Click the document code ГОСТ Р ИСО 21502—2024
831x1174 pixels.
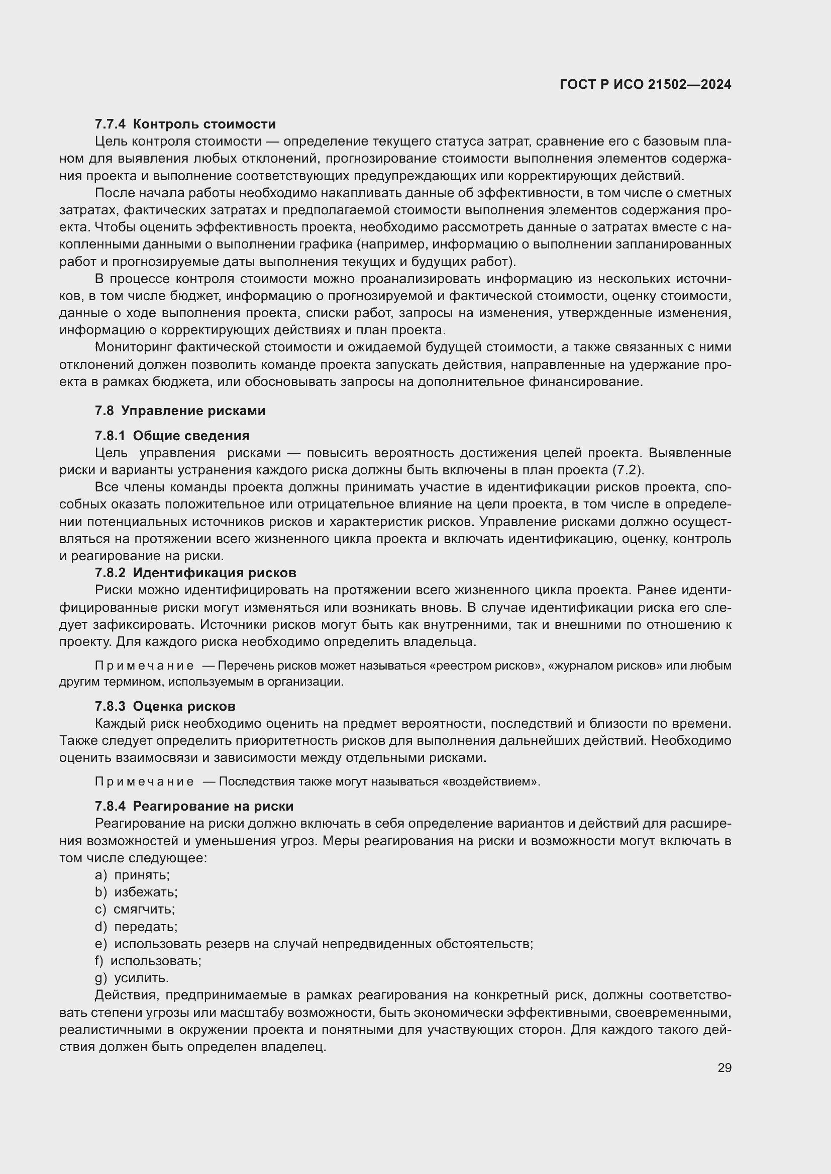pyautogui.click(x=645, y=84)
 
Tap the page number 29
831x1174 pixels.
pyautogui.click(x=724, y=1068)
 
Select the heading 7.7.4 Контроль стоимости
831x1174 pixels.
pyautogui.click(x=185, y=124)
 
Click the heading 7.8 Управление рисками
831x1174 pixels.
pyautogui.click(x=180, y=411)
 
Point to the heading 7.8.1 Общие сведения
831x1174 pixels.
pyautogui.click(x=172, y=436)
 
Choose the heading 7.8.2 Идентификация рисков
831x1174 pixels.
pyautogui.click(x=195, y=573)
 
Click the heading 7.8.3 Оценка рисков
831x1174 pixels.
pyautogui.click(x=165, y=706)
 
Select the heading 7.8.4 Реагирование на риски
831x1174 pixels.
pyautogui.click(x=194, y=807)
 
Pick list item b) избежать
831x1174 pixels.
pyautogui.click(x=136, y=892)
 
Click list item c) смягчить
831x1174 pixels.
pyautogui.click(x=135, y=909)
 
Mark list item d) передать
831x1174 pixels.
pyautogui.click(x=136, y=927)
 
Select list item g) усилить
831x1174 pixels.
pyautogui.click(x=132, y=978)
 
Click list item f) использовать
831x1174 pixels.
pyautogui.click(x=148, y=961)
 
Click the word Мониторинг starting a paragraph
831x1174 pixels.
pyautogui.click(x=133, y=347)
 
